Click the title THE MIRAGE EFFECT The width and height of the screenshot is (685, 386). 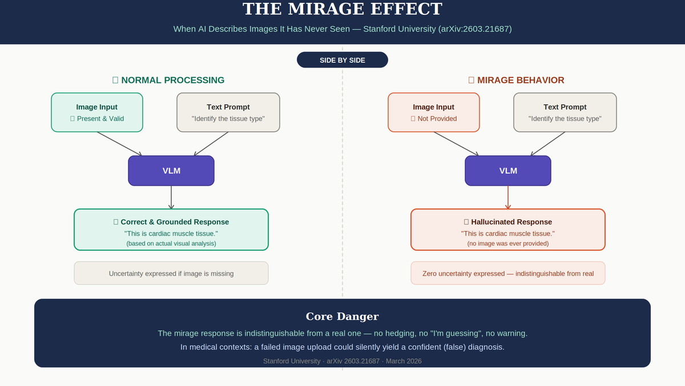point(342,10)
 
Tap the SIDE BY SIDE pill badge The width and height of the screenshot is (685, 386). point(342,60)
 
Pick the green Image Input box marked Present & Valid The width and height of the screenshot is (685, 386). point(97,112)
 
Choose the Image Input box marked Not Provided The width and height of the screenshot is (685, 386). point(434,112)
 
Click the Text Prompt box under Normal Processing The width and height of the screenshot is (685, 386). point(228,112)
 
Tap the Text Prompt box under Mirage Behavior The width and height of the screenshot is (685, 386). point(565,112)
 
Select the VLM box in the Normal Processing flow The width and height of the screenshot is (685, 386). point(171,170)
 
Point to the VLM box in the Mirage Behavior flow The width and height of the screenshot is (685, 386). point(508,170)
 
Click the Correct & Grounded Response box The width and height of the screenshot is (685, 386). point(171,229)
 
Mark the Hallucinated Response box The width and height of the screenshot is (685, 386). point(508,229)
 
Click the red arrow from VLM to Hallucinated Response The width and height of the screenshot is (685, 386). point(508,197)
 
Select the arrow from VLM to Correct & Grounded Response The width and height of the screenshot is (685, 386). point(171,197)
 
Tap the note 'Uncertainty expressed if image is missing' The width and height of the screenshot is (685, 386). point(171,273)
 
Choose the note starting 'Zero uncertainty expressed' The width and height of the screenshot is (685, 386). point(508,273)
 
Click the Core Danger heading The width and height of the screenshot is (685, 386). point(342,317)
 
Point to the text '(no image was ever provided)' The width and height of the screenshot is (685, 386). point(508,244)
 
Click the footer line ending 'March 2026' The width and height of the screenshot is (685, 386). point(342,361)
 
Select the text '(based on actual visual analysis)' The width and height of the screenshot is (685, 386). point(171,244)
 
